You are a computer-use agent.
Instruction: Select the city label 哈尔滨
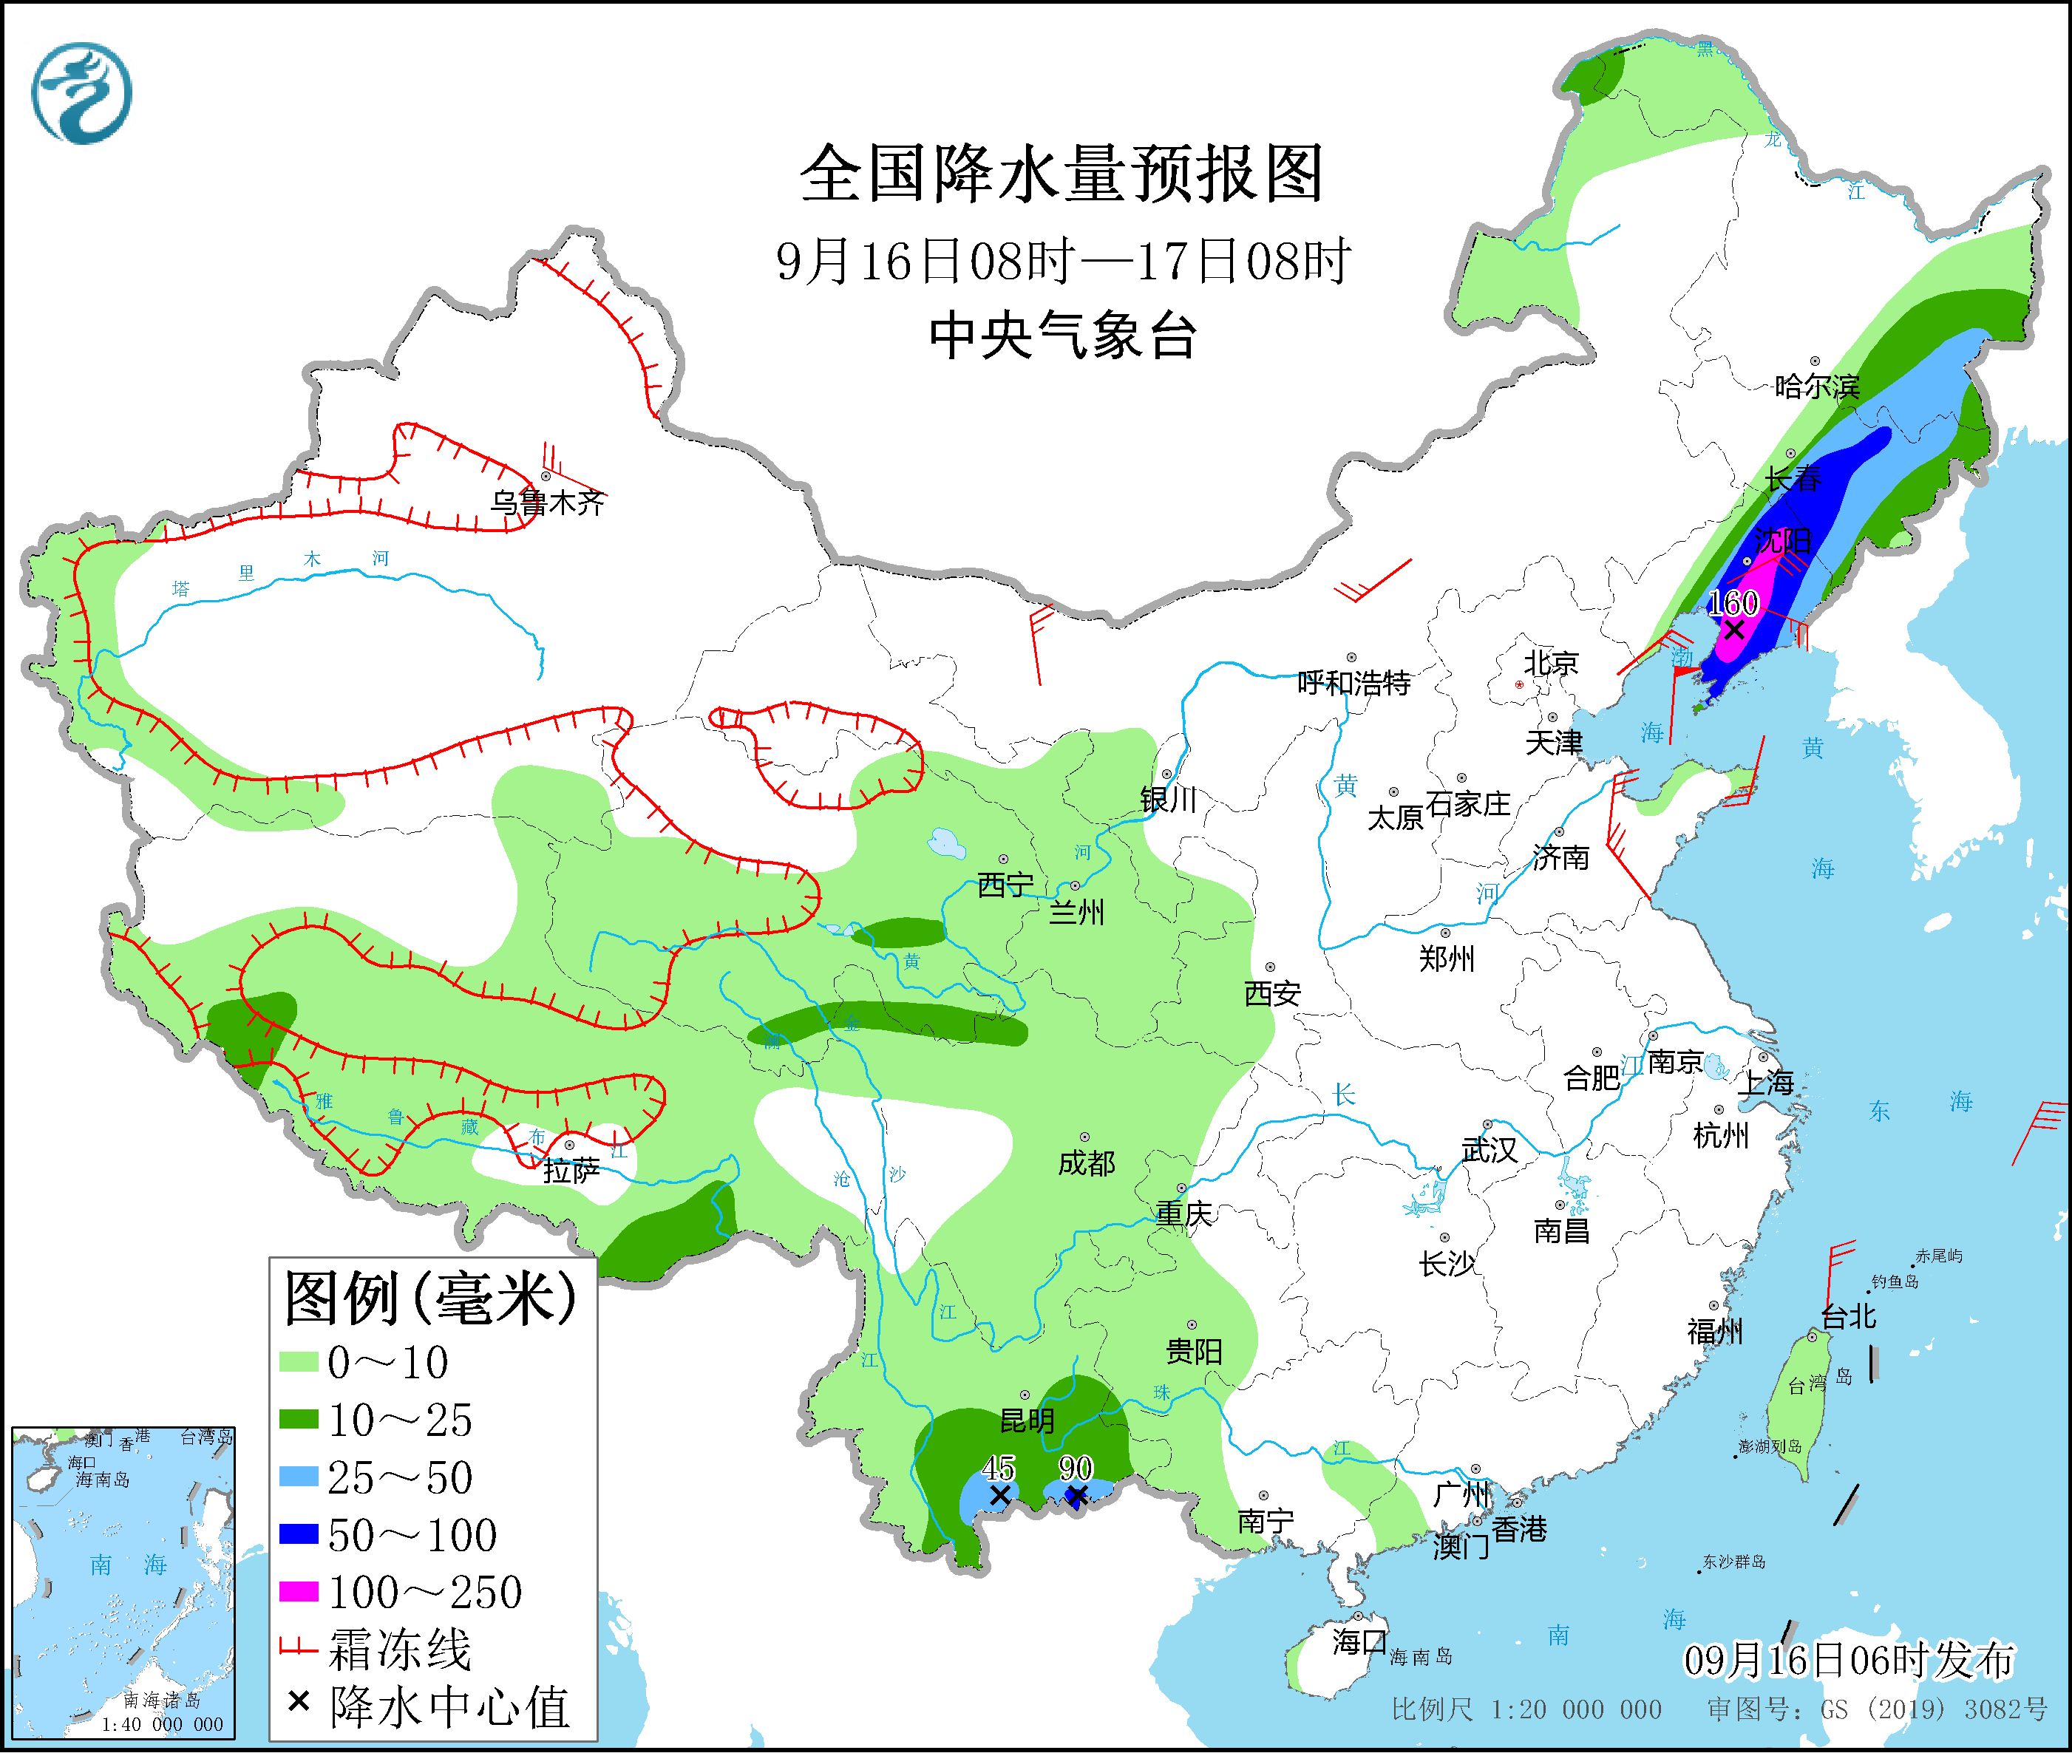click(x=1816, y=386)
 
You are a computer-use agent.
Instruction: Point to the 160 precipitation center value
click(x=1734, y=603)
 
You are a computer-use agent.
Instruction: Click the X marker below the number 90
click(x=1076, y=1497)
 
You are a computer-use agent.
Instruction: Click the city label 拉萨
click(x=571, y=1171)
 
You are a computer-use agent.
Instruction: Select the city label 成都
click(x=1086, y=1163)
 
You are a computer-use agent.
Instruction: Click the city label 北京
click(x=1552, y=663)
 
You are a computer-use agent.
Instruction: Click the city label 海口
click(x=1359, y=1641)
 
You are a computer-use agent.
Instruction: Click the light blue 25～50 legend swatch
click(x=299, y=1478)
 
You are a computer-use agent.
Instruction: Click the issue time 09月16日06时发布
click(x=1849, y=1660)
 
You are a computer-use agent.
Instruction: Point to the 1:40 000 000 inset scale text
click(x=162, y=1725)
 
